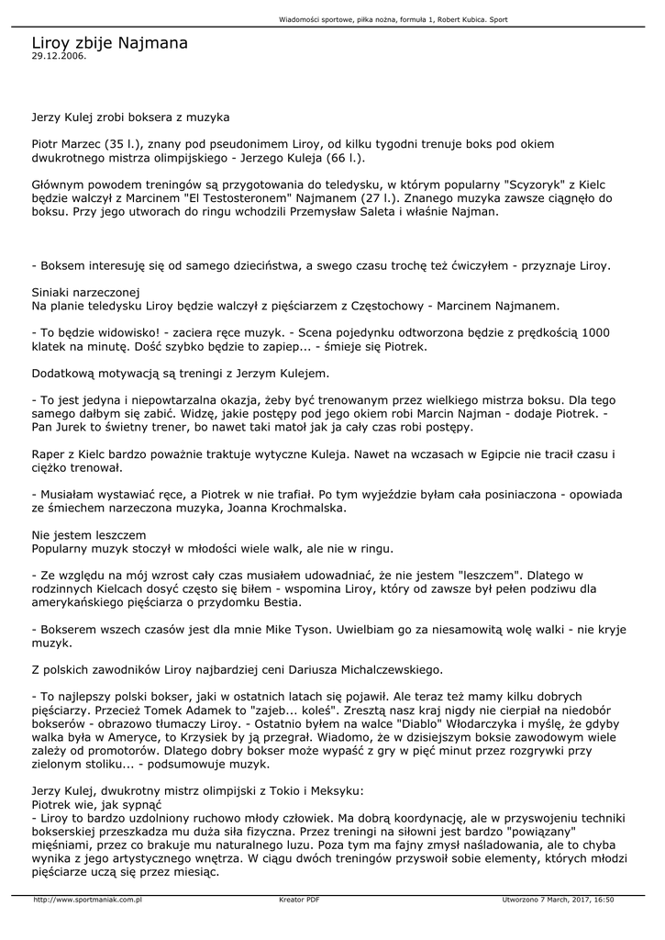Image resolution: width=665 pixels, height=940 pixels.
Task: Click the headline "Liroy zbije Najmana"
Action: coord(109,42)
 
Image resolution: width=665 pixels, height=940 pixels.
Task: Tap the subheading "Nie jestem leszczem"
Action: coord(88,534)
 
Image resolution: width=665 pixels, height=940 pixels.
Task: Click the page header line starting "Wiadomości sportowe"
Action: coord(393,20)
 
